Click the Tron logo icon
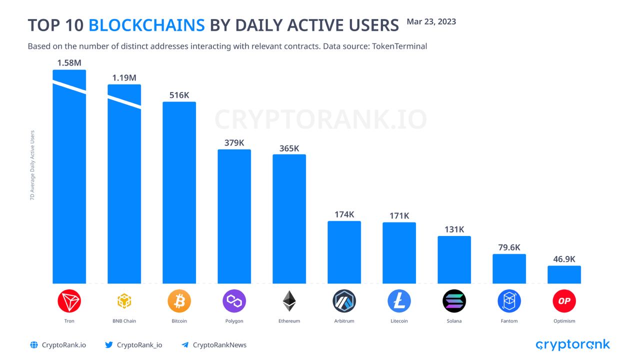pyautogui.click(x=69, y=301)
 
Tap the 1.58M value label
pyautogui.click(x=69, y=63)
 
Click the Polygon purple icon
pyautogui.click(x=234, y=301)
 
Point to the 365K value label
pyautogui.click(x=289, y=148)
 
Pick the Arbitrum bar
pyautogui.click(x=344, y=252)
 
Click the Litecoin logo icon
pyautogui.click(x=399, y=301)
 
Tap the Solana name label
pyautogui.click(x=454, y=321)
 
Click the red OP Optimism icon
pyautogui.click(x=564, y=301)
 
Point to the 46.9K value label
pyautogui.click(x=564, y=259)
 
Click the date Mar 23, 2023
pyautogui.click(x=431, y=22)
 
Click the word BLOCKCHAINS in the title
pyautogui.click(x=146, y=25)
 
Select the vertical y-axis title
pyautogui.click(x=32, y=165)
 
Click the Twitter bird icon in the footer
pyautogui.click(x=109, y=345)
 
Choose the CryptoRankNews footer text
pyautogui.click(x=219, y=345)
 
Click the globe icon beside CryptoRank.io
pyautogui.click(x=34, y=345)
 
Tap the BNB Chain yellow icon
pyautogui.click(x=124, y=301)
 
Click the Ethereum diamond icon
pyautogui.click(x=289, y=301)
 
